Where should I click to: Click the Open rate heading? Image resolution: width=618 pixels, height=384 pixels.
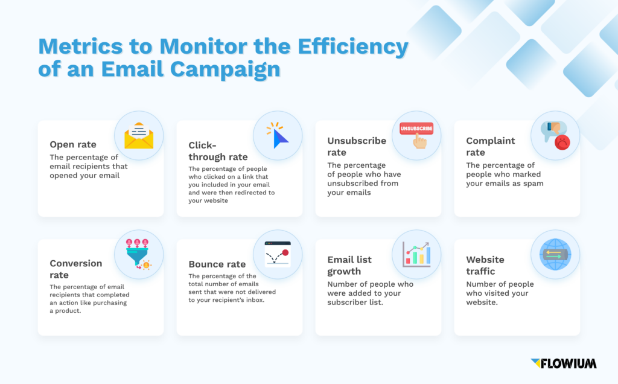(72, 145)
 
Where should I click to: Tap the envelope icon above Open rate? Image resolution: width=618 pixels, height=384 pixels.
(139, 135)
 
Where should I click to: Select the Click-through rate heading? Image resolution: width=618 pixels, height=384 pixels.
(218, 151)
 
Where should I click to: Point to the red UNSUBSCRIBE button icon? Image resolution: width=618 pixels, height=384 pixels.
(416, 129)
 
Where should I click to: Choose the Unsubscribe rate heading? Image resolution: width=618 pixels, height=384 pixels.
(357, 146)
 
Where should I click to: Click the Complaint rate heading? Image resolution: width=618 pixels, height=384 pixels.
(490, 146)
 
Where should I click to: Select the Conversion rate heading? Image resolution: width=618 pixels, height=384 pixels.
(76, 269)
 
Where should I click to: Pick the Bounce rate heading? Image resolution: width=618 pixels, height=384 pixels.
(217, 264)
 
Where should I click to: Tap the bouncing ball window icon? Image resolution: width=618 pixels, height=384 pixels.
(278, 254)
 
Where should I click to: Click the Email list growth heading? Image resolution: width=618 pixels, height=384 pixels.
(349, 265)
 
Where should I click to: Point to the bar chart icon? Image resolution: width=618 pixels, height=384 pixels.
(416, 254)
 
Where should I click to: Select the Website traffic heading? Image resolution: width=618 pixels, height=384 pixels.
(485, 265)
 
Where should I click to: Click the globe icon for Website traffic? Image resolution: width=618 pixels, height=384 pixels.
(555, 254)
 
